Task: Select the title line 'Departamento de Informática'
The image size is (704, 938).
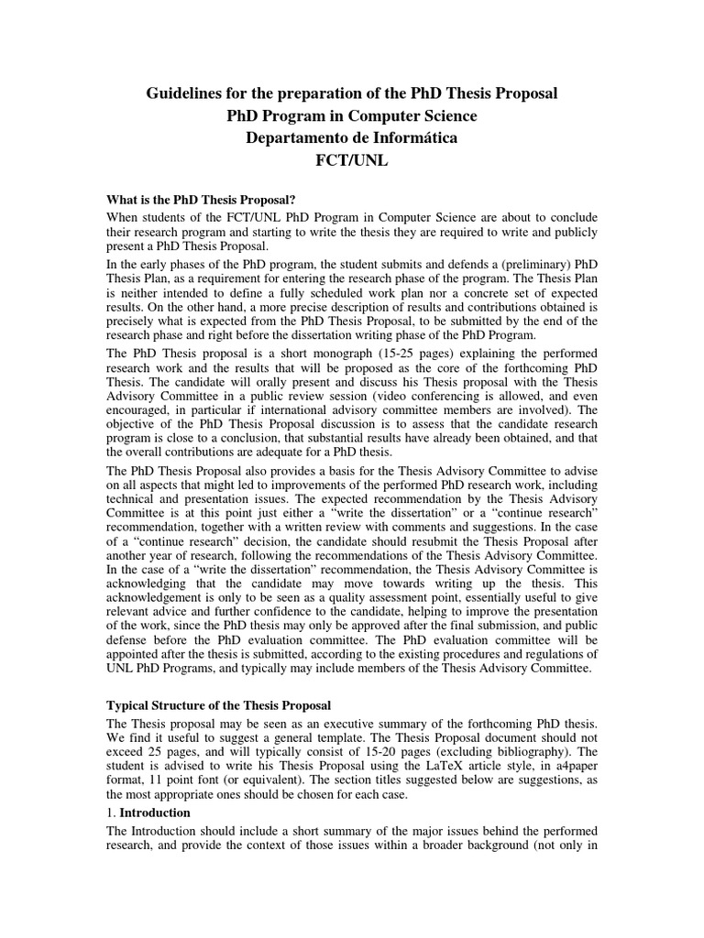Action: (351, 138)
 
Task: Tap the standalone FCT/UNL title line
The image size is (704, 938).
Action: (351, 161)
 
